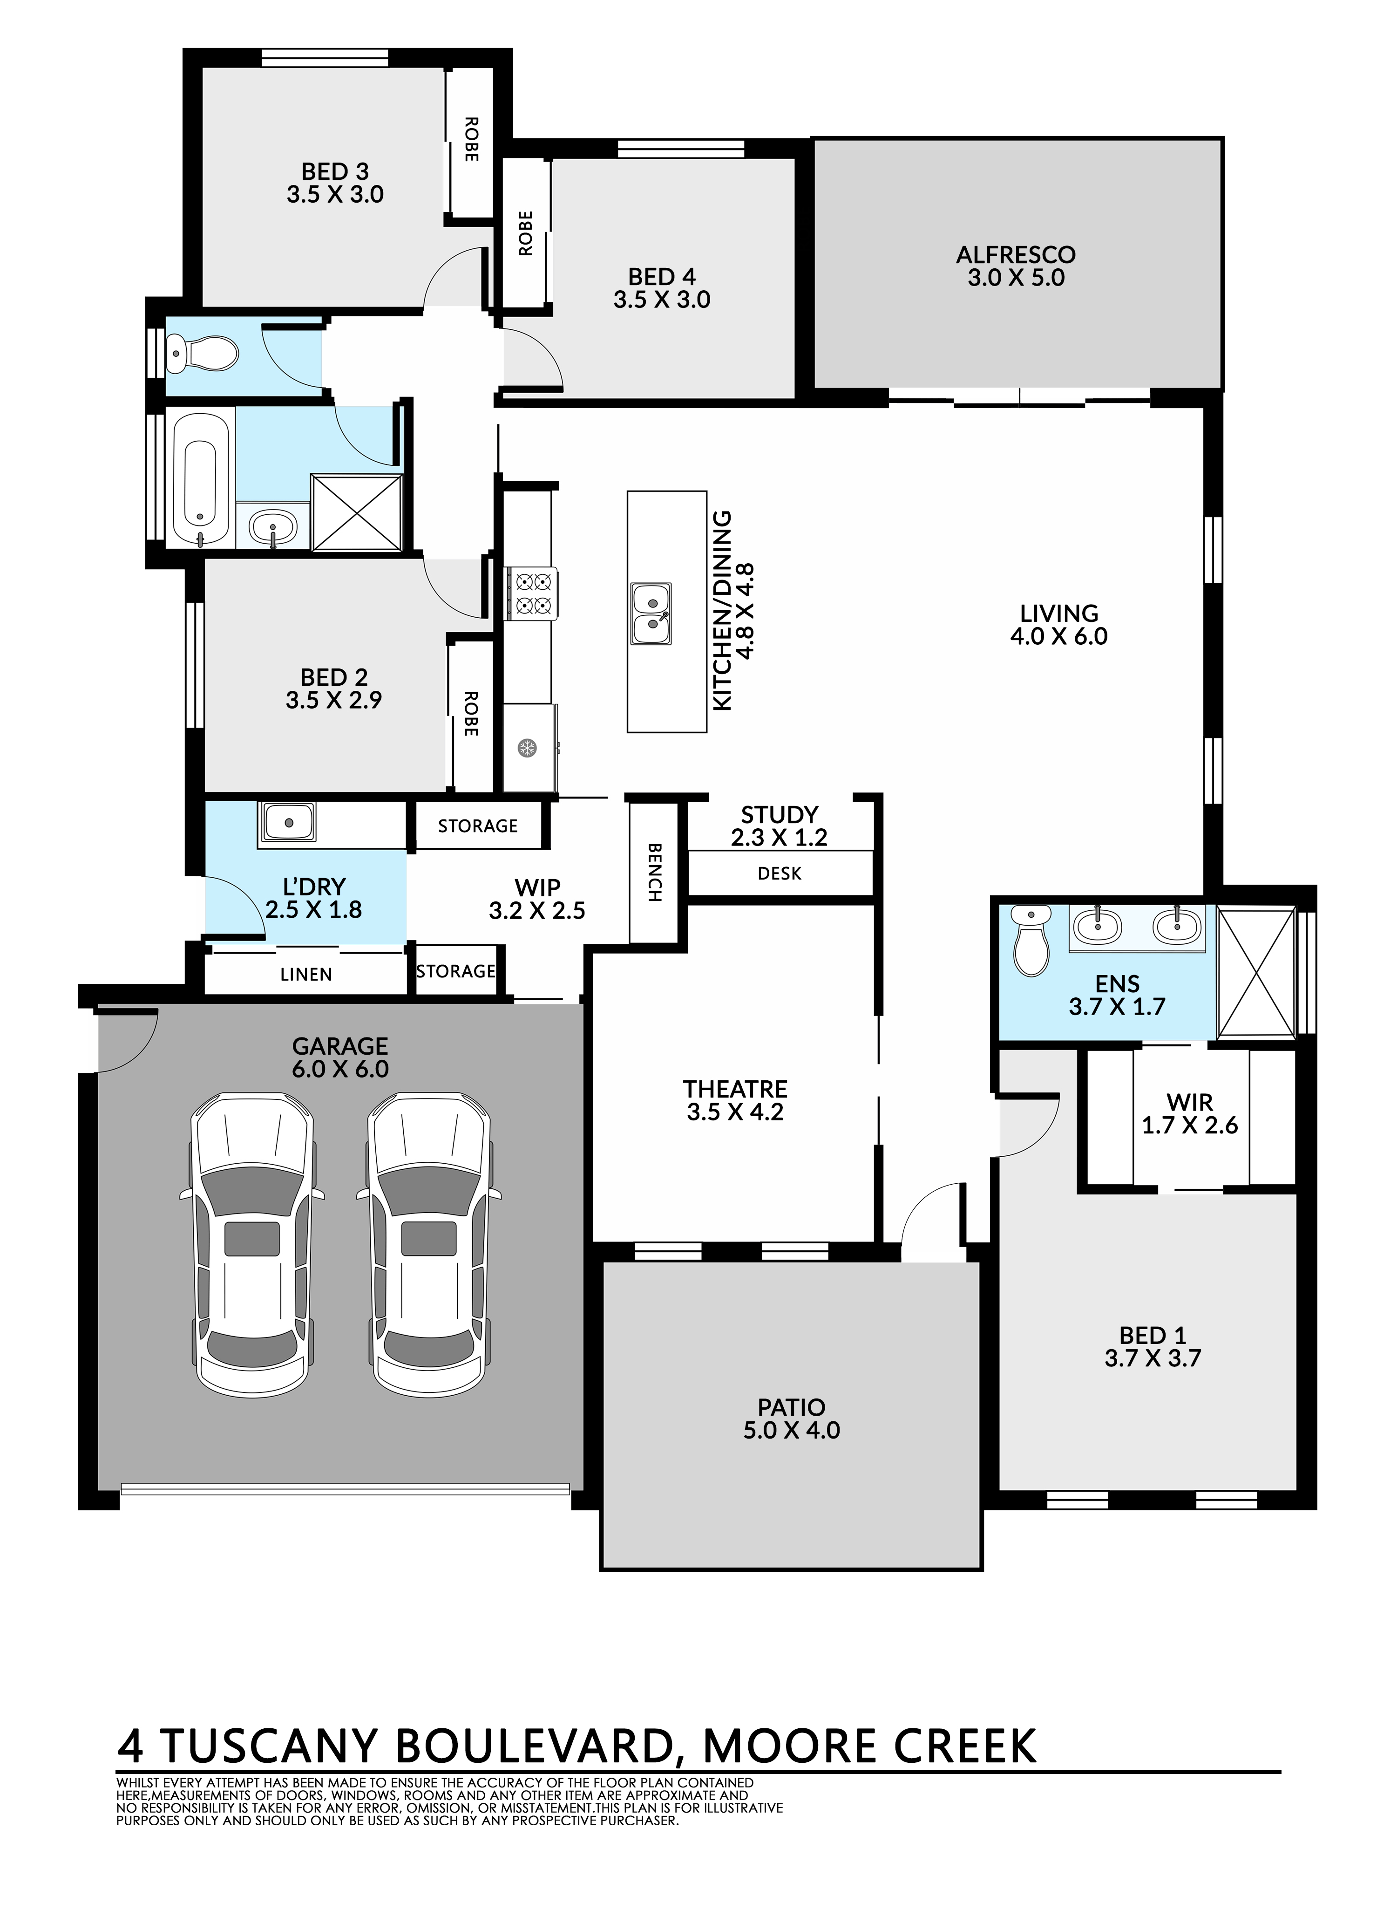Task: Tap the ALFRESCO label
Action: (1016, 255)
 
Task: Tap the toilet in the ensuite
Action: (1031, 941)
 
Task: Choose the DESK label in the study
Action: (779, 873)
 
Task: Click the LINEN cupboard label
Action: (306, 975)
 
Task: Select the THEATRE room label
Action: (735, 1089)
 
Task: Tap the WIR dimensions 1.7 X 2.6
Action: (1190, 1125)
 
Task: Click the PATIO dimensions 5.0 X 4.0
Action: (792, 1430)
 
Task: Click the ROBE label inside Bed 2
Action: (471, 713)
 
